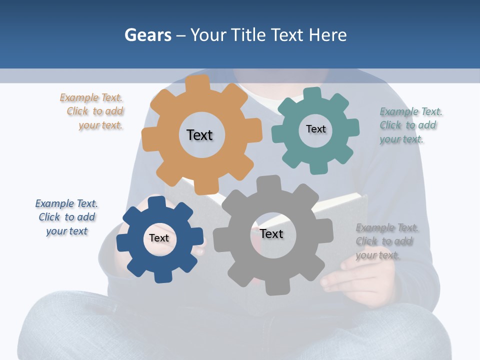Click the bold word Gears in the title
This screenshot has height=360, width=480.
pos(148,35)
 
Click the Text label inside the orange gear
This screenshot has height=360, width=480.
pos(199,135)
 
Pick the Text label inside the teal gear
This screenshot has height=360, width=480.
pos(315,129)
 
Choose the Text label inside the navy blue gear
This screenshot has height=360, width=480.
pos(159,238)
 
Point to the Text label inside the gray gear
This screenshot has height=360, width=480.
pos(271,233)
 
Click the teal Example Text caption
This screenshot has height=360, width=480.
pos(410,125)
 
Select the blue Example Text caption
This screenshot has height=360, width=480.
pos(67,217)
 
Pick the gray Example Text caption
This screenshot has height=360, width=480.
pos(386,241)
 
